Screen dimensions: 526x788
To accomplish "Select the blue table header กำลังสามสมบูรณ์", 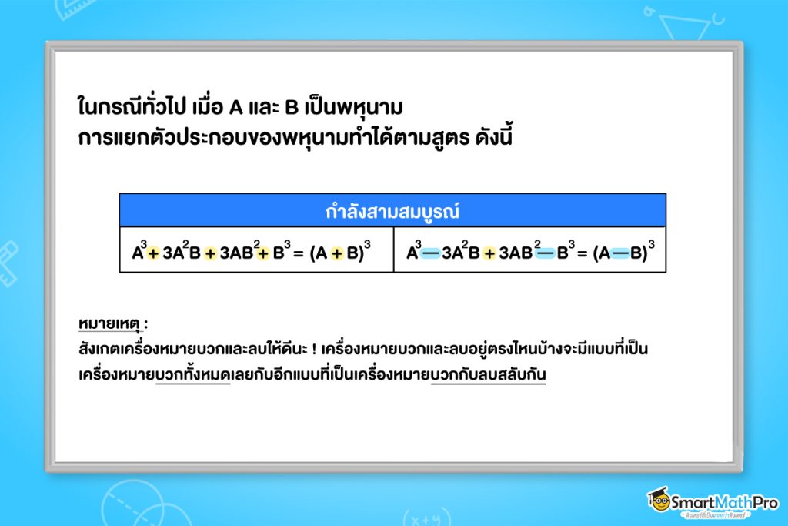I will pyautogui.click(x=392, y=210).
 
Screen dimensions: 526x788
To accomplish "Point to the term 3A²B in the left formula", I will pyautogui.click(x=182, y=253).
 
